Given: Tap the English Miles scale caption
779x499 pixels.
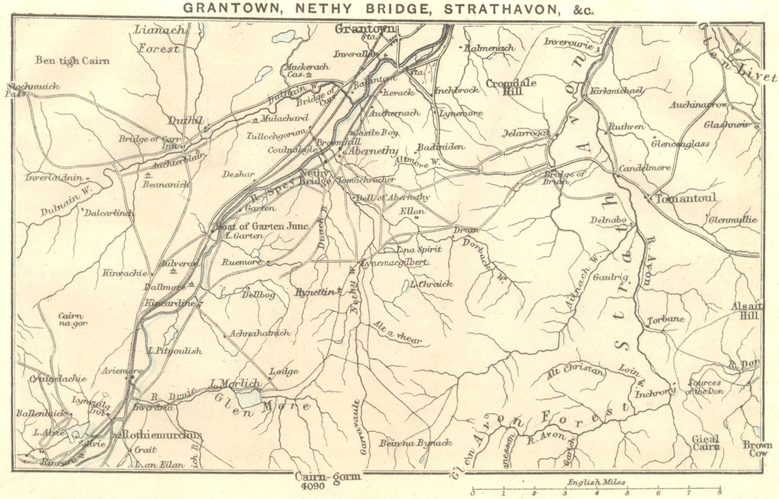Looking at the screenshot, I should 596,482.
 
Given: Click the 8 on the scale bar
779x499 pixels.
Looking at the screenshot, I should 720,493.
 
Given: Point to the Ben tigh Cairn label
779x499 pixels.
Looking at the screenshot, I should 72,60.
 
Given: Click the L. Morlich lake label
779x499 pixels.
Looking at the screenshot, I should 235,383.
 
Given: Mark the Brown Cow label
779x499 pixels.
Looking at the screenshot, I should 757,448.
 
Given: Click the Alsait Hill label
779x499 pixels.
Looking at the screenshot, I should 747,311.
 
